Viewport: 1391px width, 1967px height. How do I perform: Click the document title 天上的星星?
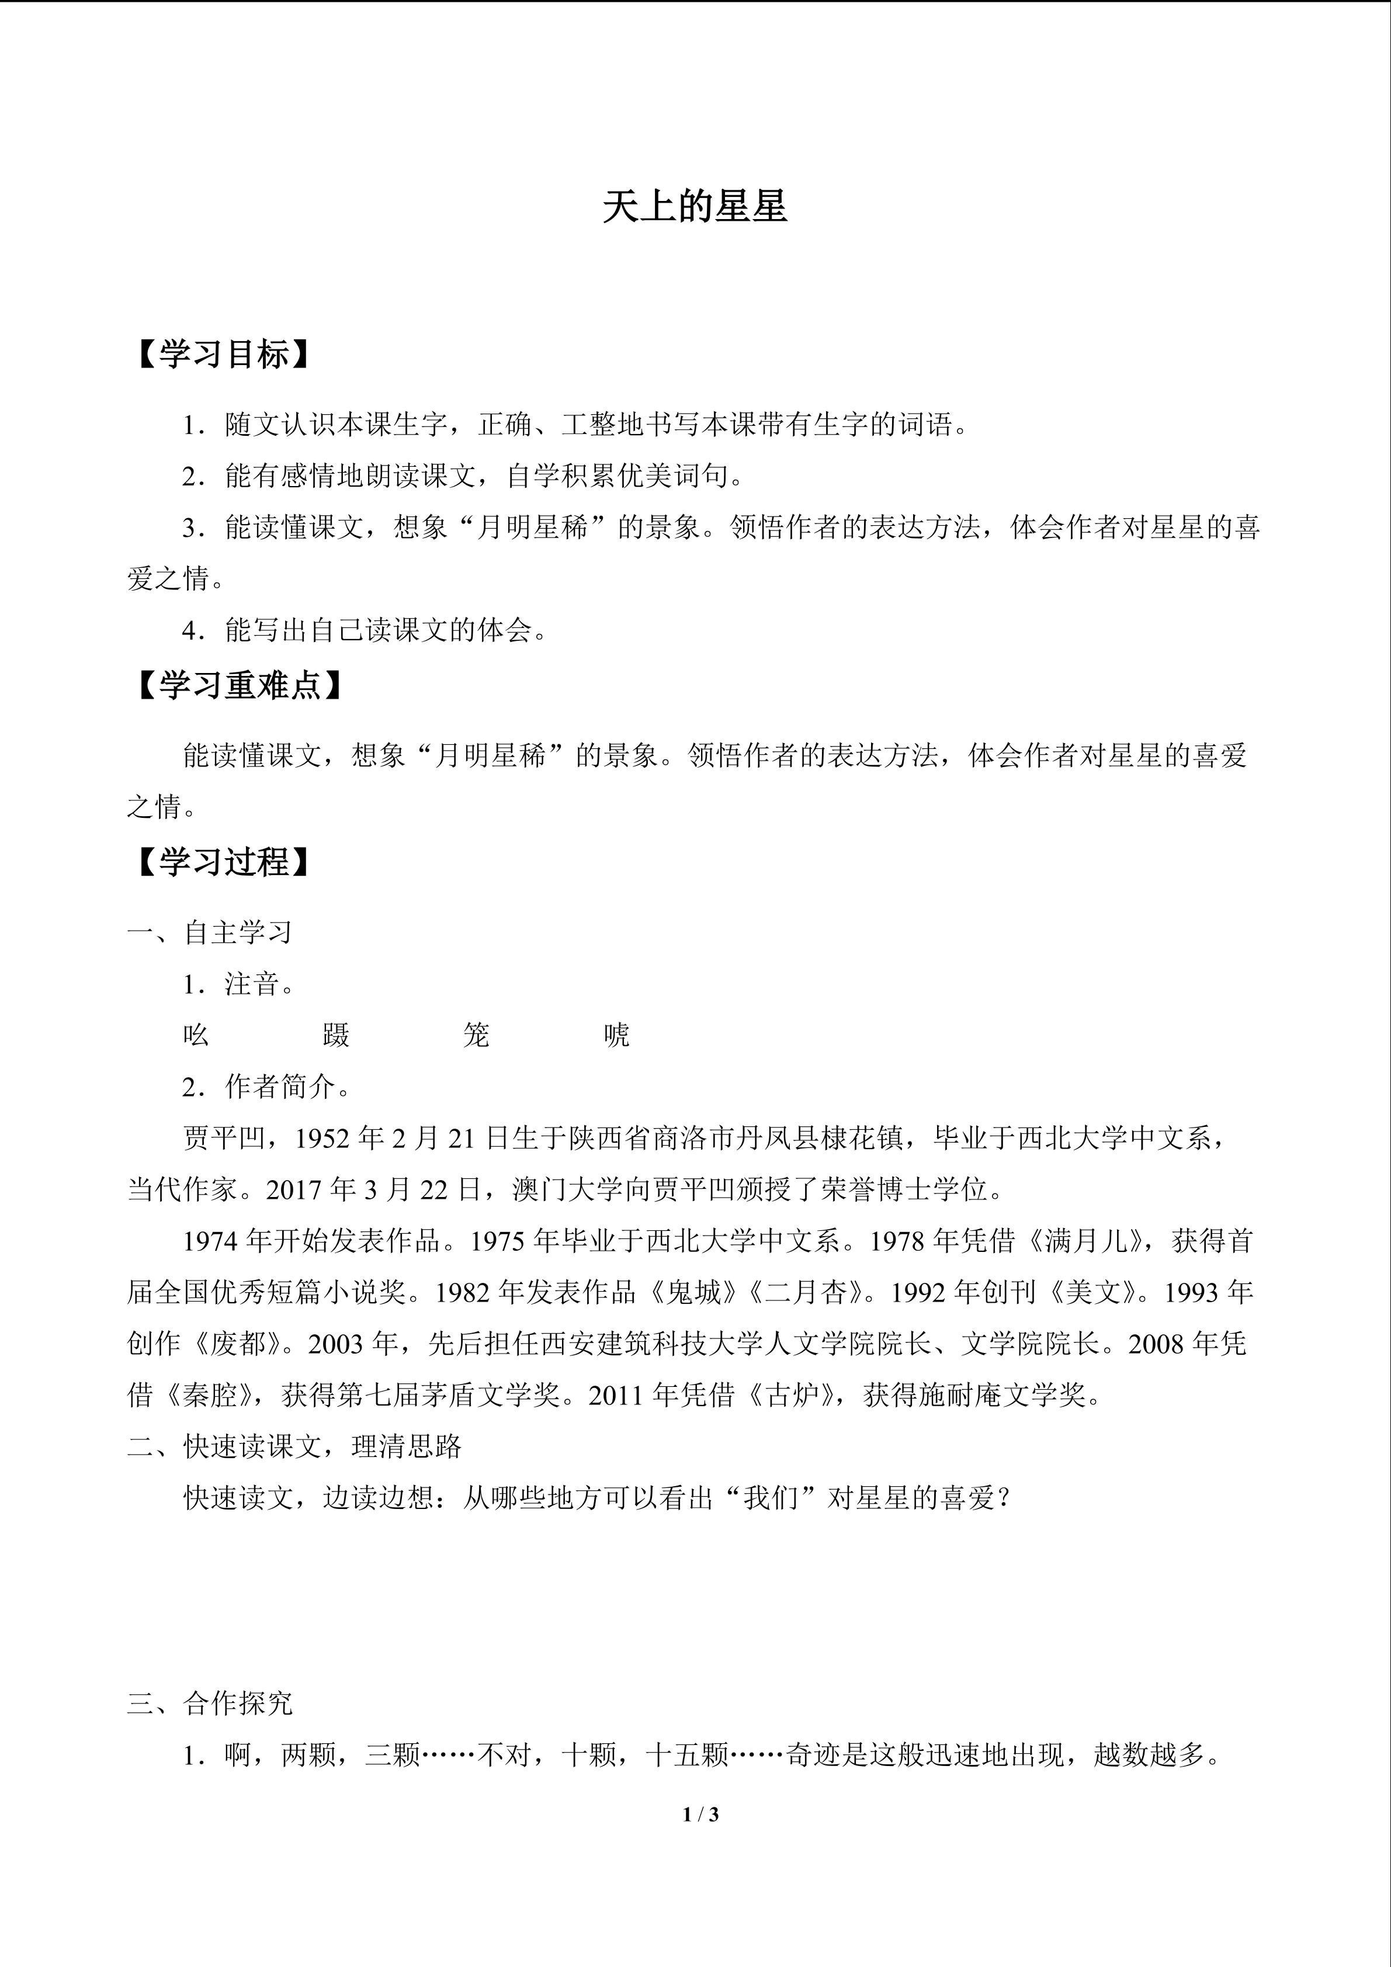695,207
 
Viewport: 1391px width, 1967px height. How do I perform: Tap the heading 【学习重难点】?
239,685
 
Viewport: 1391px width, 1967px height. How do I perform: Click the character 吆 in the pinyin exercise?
196,1035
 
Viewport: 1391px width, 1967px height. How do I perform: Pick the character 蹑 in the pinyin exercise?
337,1035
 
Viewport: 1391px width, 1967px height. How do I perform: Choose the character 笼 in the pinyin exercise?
476,1035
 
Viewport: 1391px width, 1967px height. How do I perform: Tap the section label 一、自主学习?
210,932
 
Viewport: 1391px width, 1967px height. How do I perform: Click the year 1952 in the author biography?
322,1137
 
